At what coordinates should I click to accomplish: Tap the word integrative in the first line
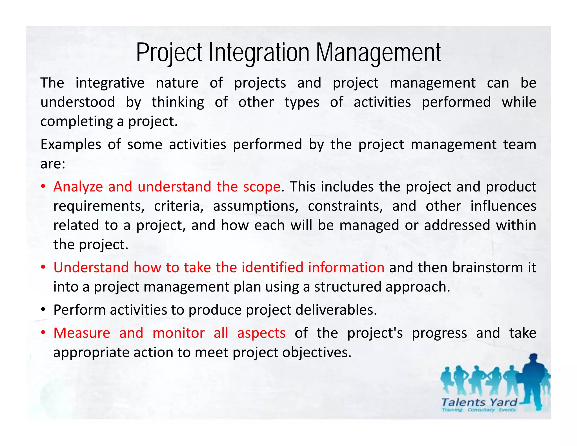point(110,83)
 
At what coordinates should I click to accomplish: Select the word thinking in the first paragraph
point(178,102)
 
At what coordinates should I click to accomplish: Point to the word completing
point(76,122)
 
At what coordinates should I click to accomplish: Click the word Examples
point(71,145)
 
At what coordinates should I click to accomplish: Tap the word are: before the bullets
point(53,164)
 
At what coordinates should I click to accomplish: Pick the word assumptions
point(256,206)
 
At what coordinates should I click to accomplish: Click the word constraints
point(345,206)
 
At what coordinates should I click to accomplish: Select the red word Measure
point(82,333)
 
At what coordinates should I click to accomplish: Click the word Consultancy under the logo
point(481,410)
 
